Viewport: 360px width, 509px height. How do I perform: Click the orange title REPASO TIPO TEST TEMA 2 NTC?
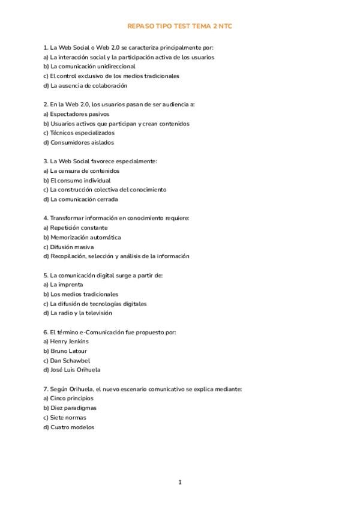[179, 27]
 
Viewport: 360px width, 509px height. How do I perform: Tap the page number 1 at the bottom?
[180, 482]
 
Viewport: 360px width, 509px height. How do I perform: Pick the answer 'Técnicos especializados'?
[82, 133]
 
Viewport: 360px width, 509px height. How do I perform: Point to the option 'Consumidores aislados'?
[82, 143]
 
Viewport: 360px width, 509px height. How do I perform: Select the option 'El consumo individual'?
[80, 181]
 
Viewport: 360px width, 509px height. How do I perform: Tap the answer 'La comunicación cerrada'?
[84, 199]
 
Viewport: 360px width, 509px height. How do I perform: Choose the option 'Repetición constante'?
[79, 228]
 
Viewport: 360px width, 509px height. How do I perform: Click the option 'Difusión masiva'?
[71, 247]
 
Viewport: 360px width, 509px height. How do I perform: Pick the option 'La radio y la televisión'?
[81, 313]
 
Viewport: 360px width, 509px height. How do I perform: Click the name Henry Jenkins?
[69, 342]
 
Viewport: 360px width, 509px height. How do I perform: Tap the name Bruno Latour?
[68, 351]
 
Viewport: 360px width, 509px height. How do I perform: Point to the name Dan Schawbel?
[70, 361]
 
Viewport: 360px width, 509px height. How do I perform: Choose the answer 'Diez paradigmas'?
[73, 408]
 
